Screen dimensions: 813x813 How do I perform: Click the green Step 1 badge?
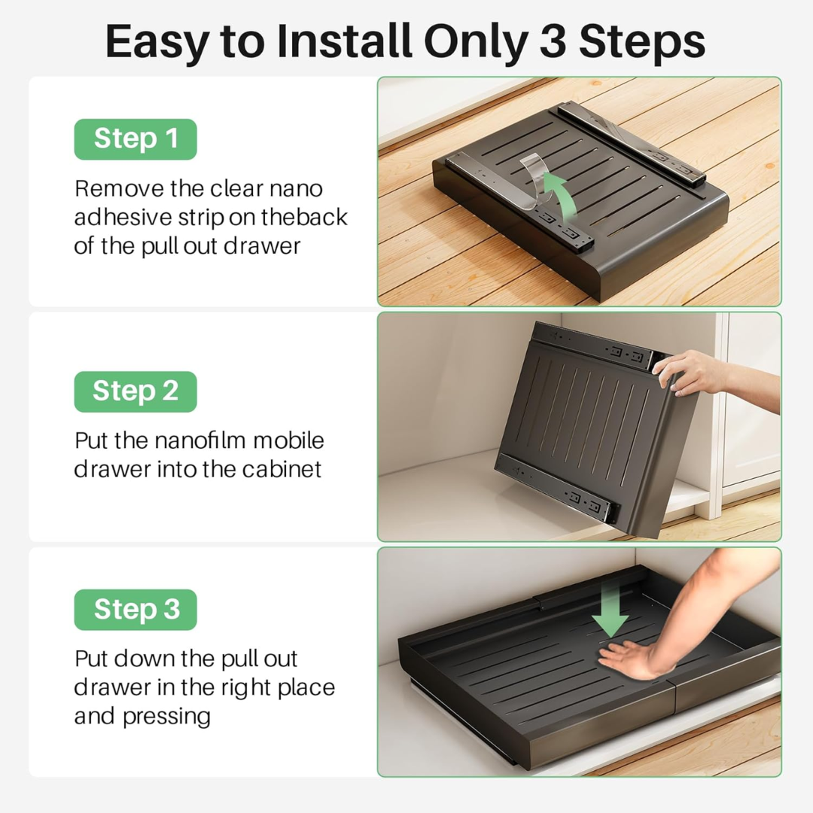pos(135,139)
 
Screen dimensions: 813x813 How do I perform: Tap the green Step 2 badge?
pos(135,391)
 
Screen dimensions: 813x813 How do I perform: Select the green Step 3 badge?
pos(135,609)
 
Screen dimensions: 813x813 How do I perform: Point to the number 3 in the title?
pos(553,43)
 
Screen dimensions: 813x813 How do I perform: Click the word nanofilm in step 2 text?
pos(200,440)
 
